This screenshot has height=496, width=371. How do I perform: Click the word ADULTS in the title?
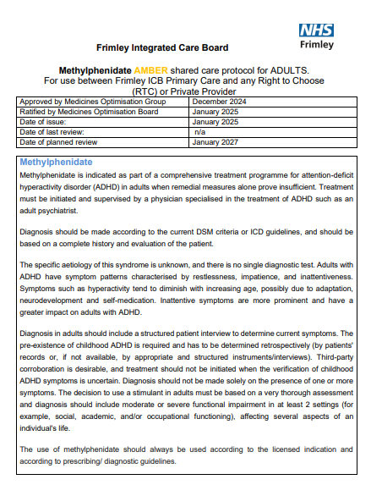click(286, 69)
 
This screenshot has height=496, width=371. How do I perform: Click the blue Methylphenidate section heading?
click(68, 162)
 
